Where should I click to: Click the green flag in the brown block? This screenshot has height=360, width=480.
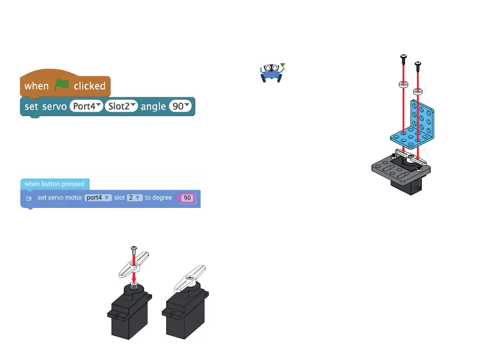point(62,86)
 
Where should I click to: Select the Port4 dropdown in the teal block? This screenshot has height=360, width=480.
point(86,106)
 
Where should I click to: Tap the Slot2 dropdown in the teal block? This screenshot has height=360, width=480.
point(121,106)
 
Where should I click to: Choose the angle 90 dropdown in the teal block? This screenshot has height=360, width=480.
point(181,106)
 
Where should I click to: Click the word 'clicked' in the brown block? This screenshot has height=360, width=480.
point(89,86)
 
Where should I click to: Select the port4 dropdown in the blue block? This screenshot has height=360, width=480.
point(99,198)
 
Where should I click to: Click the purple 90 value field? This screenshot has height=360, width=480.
point(187,198)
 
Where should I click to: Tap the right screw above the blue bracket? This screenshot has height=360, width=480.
point(417,65)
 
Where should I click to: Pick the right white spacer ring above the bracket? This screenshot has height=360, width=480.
point(417,91)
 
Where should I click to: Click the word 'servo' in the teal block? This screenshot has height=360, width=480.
point(54,106)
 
